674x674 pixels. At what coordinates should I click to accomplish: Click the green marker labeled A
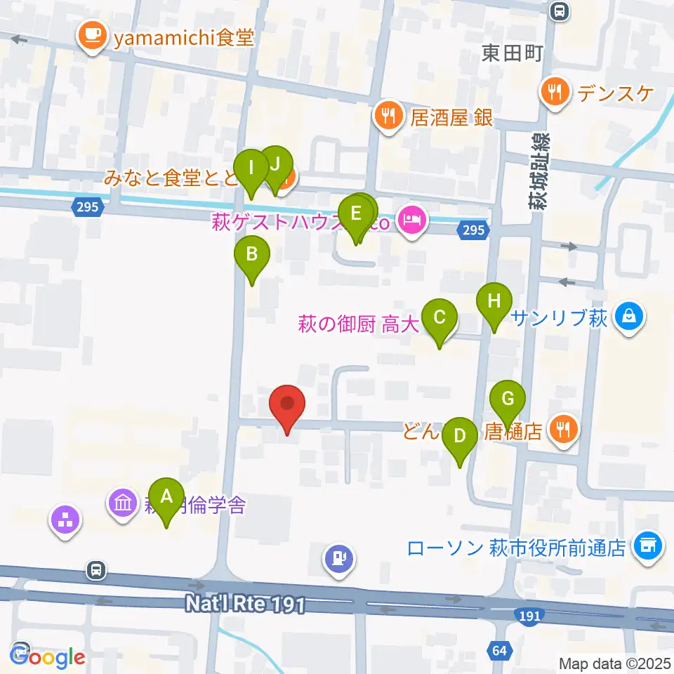pos(166,497)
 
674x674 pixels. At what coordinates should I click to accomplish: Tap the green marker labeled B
pos(251,255)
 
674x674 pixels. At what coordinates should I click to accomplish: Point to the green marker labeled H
pos(494,302)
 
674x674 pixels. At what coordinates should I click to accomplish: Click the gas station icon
pos(338,560)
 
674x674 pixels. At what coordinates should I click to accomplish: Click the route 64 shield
pos(499,650)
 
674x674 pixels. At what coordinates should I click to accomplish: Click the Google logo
pos(48,657)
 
